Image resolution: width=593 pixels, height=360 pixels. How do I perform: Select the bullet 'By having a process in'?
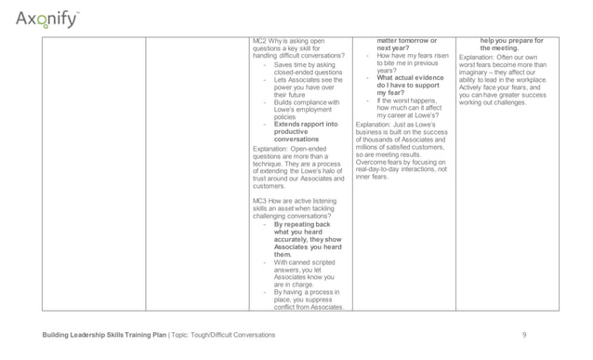coord(308,291)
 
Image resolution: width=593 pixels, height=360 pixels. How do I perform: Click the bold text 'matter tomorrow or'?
coord(406,42)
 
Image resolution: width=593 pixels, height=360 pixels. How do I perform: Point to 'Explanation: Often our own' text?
coord(503,58)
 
